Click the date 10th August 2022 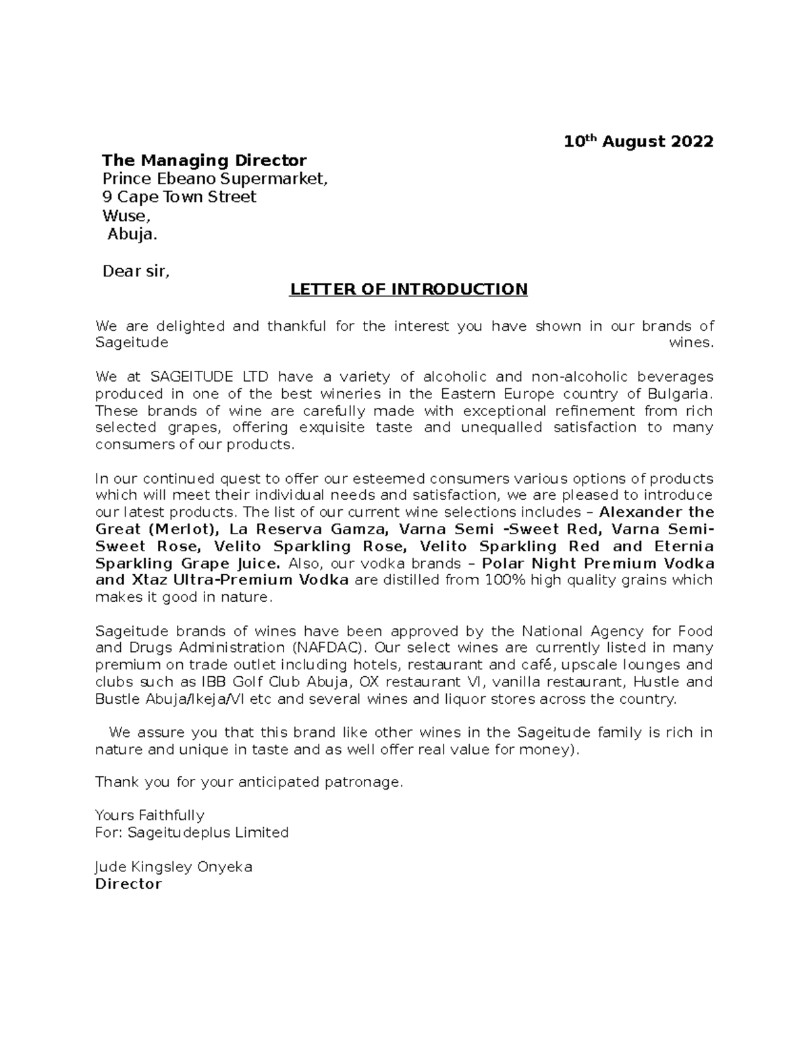638,142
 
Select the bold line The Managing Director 204,161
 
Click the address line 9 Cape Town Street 179,197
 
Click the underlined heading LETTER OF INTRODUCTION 408,290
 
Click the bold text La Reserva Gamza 308,529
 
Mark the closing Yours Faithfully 150,815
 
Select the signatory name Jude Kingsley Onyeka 174,867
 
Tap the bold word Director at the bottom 129,884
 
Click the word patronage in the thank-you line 369,782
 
